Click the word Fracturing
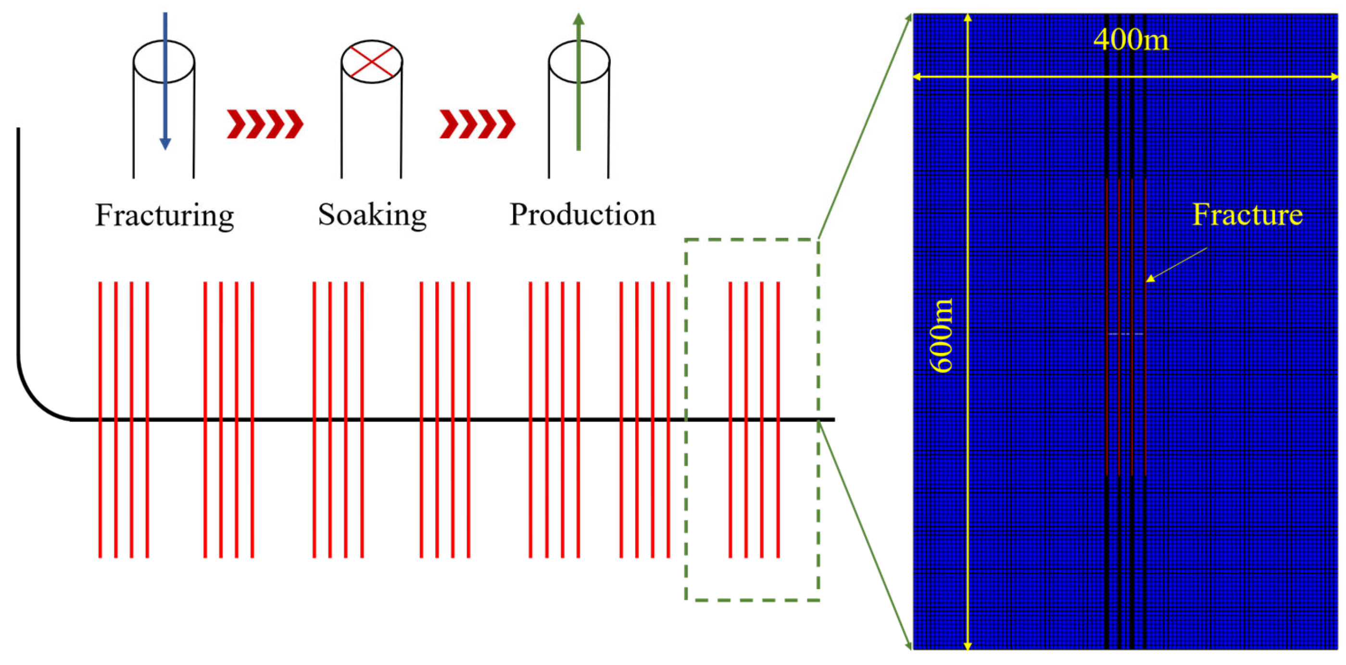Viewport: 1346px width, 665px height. [x=164, y=215]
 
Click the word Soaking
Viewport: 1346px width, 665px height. [x=372, y=215]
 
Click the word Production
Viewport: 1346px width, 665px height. [x=582, y=215]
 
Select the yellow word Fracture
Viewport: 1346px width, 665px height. [x=1247, y=215]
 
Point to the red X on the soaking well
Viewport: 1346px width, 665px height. [x=372, y=62]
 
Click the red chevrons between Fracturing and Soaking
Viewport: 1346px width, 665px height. [x=264, y=125]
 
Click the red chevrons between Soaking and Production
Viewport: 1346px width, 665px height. [x=477, y=125]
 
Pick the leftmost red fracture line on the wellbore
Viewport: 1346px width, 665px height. [x=101, y=365]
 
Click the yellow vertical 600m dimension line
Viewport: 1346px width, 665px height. [x=968, y=470]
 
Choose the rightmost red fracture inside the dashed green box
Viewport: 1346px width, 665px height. [x=778, y=365]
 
